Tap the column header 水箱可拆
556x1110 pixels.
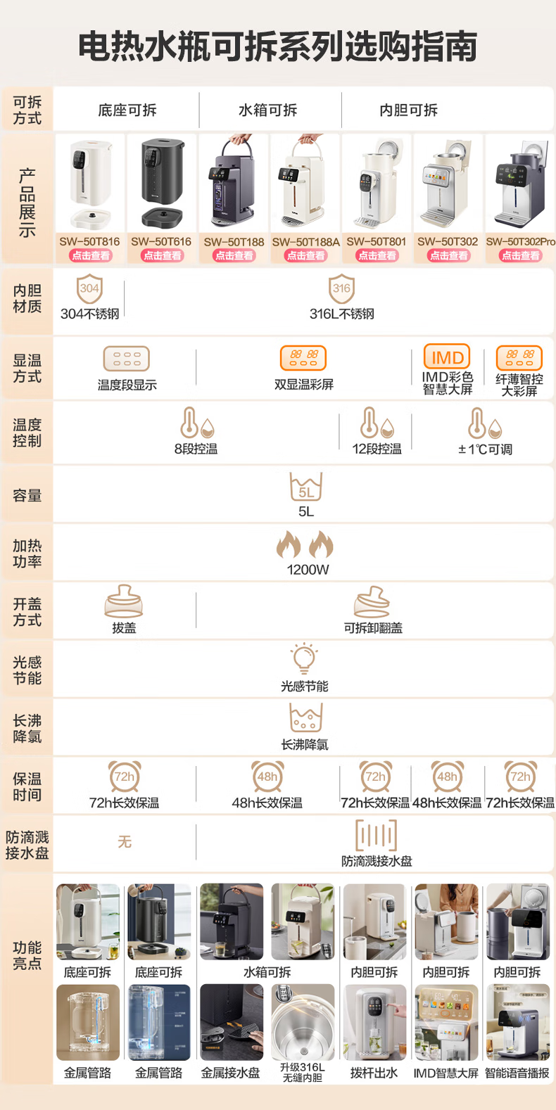[267, 110]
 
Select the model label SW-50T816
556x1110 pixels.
[89, 241]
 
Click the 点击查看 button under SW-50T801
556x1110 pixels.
[377, 255]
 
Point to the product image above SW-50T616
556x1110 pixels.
[162, 182]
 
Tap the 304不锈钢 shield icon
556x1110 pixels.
[89, 289]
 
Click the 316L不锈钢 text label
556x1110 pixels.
[342, 314]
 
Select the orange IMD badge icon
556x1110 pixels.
[447, 357]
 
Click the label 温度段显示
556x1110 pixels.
[127, 385]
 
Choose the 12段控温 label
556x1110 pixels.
[377, 449]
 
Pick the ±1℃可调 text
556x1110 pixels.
[485, 449]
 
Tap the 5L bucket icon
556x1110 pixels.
[306, 487]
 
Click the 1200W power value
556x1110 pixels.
[308, 570]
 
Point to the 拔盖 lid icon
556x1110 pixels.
[124, 601]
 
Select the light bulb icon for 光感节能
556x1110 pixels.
[304, 658]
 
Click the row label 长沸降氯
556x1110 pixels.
[27, 729]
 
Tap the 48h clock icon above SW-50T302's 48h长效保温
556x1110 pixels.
[447, 777]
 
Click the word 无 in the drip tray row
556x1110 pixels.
[125, 841]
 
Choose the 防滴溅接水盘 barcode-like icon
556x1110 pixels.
[377, 835]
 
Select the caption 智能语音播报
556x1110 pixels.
[517, 1073]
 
